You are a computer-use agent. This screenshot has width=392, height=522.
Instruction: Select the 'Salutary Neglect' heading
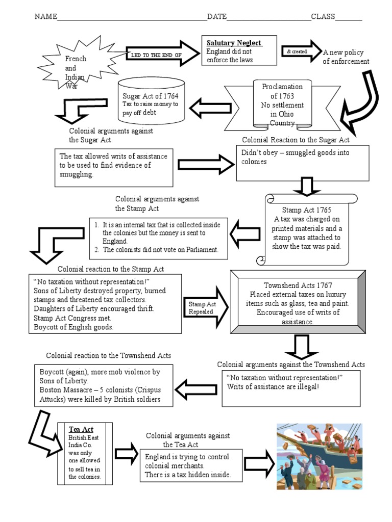pos(234,43)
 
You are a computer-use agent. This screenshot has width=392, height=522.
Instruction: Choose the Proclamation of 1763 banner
pos(282,105)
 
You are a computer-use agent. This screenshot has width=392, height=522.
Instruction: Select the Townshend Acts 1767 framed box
pos(298,303)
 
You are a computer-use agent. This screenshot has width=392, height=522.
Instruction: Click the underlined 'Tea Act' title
pos(81,429)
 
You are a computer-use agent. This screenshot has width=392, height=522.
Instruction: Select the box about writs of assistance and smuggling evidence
pos(114,166)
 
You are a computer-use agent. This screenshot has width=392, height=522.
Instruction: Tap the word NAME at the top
pos(44,16)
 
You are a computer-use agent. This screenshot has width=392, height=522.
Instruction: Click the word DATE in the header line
pos(216,16)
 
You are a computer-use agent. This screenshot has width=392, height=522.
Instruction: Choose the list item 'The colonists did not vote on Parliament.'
pos(160,250)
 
